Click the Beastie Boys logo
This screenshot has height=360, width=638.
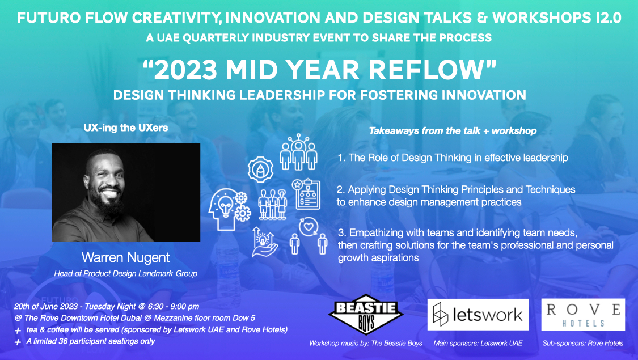[x=366, y=315]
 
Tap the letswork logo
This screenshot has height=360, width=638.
[x=478, y=315]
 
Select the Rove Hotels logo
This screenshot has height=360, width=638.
[x=583, y=315]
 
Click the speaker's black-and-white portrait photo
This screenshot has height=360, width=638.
[x=126, y=192]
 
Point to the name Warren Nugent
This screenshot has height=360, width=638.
[x=126, y=257]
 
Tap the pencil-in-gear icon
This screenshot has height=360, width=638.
[x=260, y=169]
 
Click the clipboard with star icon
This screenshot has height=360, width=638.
[x=306, y=194]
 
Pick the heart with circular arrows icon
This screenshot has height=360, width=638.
[x=309, y=227]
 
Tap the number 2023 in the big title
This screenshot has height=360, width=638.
[x=185, y=70]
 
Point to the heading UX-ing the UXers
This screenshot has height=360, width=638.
[x=126, y=128]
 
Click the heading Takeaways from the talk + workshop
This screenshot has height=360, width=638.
[x=453, y=131]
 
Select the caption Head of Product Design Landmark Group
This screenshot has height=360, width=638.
[x=126, y=274]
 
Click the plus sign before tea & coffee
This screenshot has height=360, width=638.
[x=18, y=331]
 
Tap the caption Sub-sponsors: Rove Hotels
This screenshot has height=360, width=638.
[x=582, y=344]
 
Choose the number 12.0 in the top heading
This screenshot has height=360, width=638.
[x=607, y=18]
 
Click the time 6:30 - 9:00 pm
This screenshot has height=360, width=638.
[x=170, y=306]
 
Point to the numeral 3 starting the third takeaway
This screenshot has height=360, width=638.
[x=341, y=232]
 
